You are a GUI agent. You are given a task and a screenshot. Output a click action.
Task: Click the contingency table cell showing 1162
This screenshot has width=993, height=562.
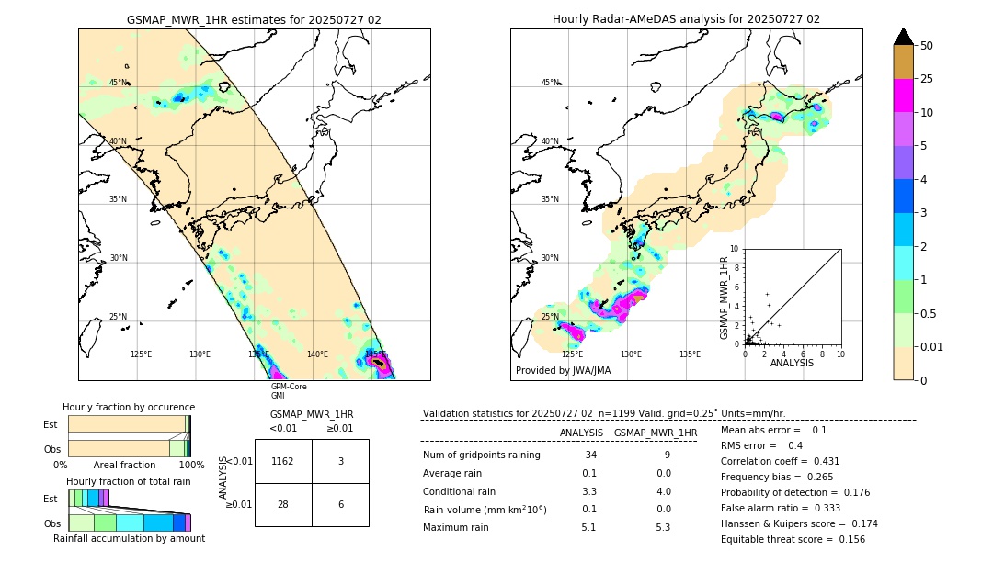click(283, 461)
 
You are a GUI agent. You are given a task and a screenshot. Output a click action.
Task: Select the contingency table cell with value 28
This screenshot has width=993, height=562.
click(283, 505)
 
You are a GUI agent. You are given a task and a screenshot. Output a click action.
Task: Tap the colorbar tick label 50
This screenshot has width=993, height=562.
click(927, 46)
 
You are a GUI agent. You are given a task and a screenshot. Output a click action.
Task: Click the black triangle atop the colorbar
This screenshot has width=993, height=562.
click(903, 37)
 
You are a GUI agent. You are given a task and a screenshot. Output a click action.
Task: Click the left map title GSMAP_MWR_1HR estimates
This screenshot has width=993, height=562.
click(254, 19)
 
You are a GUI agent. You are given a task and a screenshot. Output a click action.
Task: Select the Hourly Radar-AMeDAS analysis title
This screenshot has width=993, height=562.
click(686, 19)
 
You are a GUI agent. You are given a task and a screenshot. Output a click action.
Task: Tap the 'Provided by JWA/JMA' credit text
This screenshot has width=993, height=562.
click(563, 370)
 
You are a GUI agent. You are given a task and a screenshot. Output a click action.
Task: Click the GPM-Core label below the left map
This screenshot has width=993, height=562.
click(283, 387)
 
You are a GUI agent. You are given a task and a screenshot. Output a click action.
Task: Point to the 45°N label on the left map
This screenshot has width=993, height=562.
click(119, 83)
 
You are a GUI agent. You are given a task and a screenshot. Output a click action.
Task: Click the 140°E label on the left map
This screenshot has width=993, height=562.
click(317, 354)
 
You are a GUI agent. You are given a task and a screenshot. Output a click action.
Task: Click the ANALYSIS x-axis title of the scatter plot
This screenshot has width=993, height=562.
click(792, 363)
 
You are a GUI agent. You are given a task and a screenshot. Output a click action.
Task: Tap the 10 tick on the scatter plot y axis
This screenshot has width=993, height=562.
click(735, 249)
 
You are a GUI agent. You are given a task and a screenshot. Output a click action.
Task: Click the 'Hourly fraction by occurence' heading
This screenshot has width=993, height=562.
click(129, 407)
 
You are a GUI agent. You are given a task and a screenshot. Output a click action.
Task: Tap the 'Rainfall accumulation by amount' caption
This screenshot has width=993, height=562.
click(129, 538)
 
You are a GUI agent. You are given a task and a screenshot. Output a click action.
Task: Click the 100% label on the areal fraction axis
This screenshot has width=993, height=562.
click(191, 466)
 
